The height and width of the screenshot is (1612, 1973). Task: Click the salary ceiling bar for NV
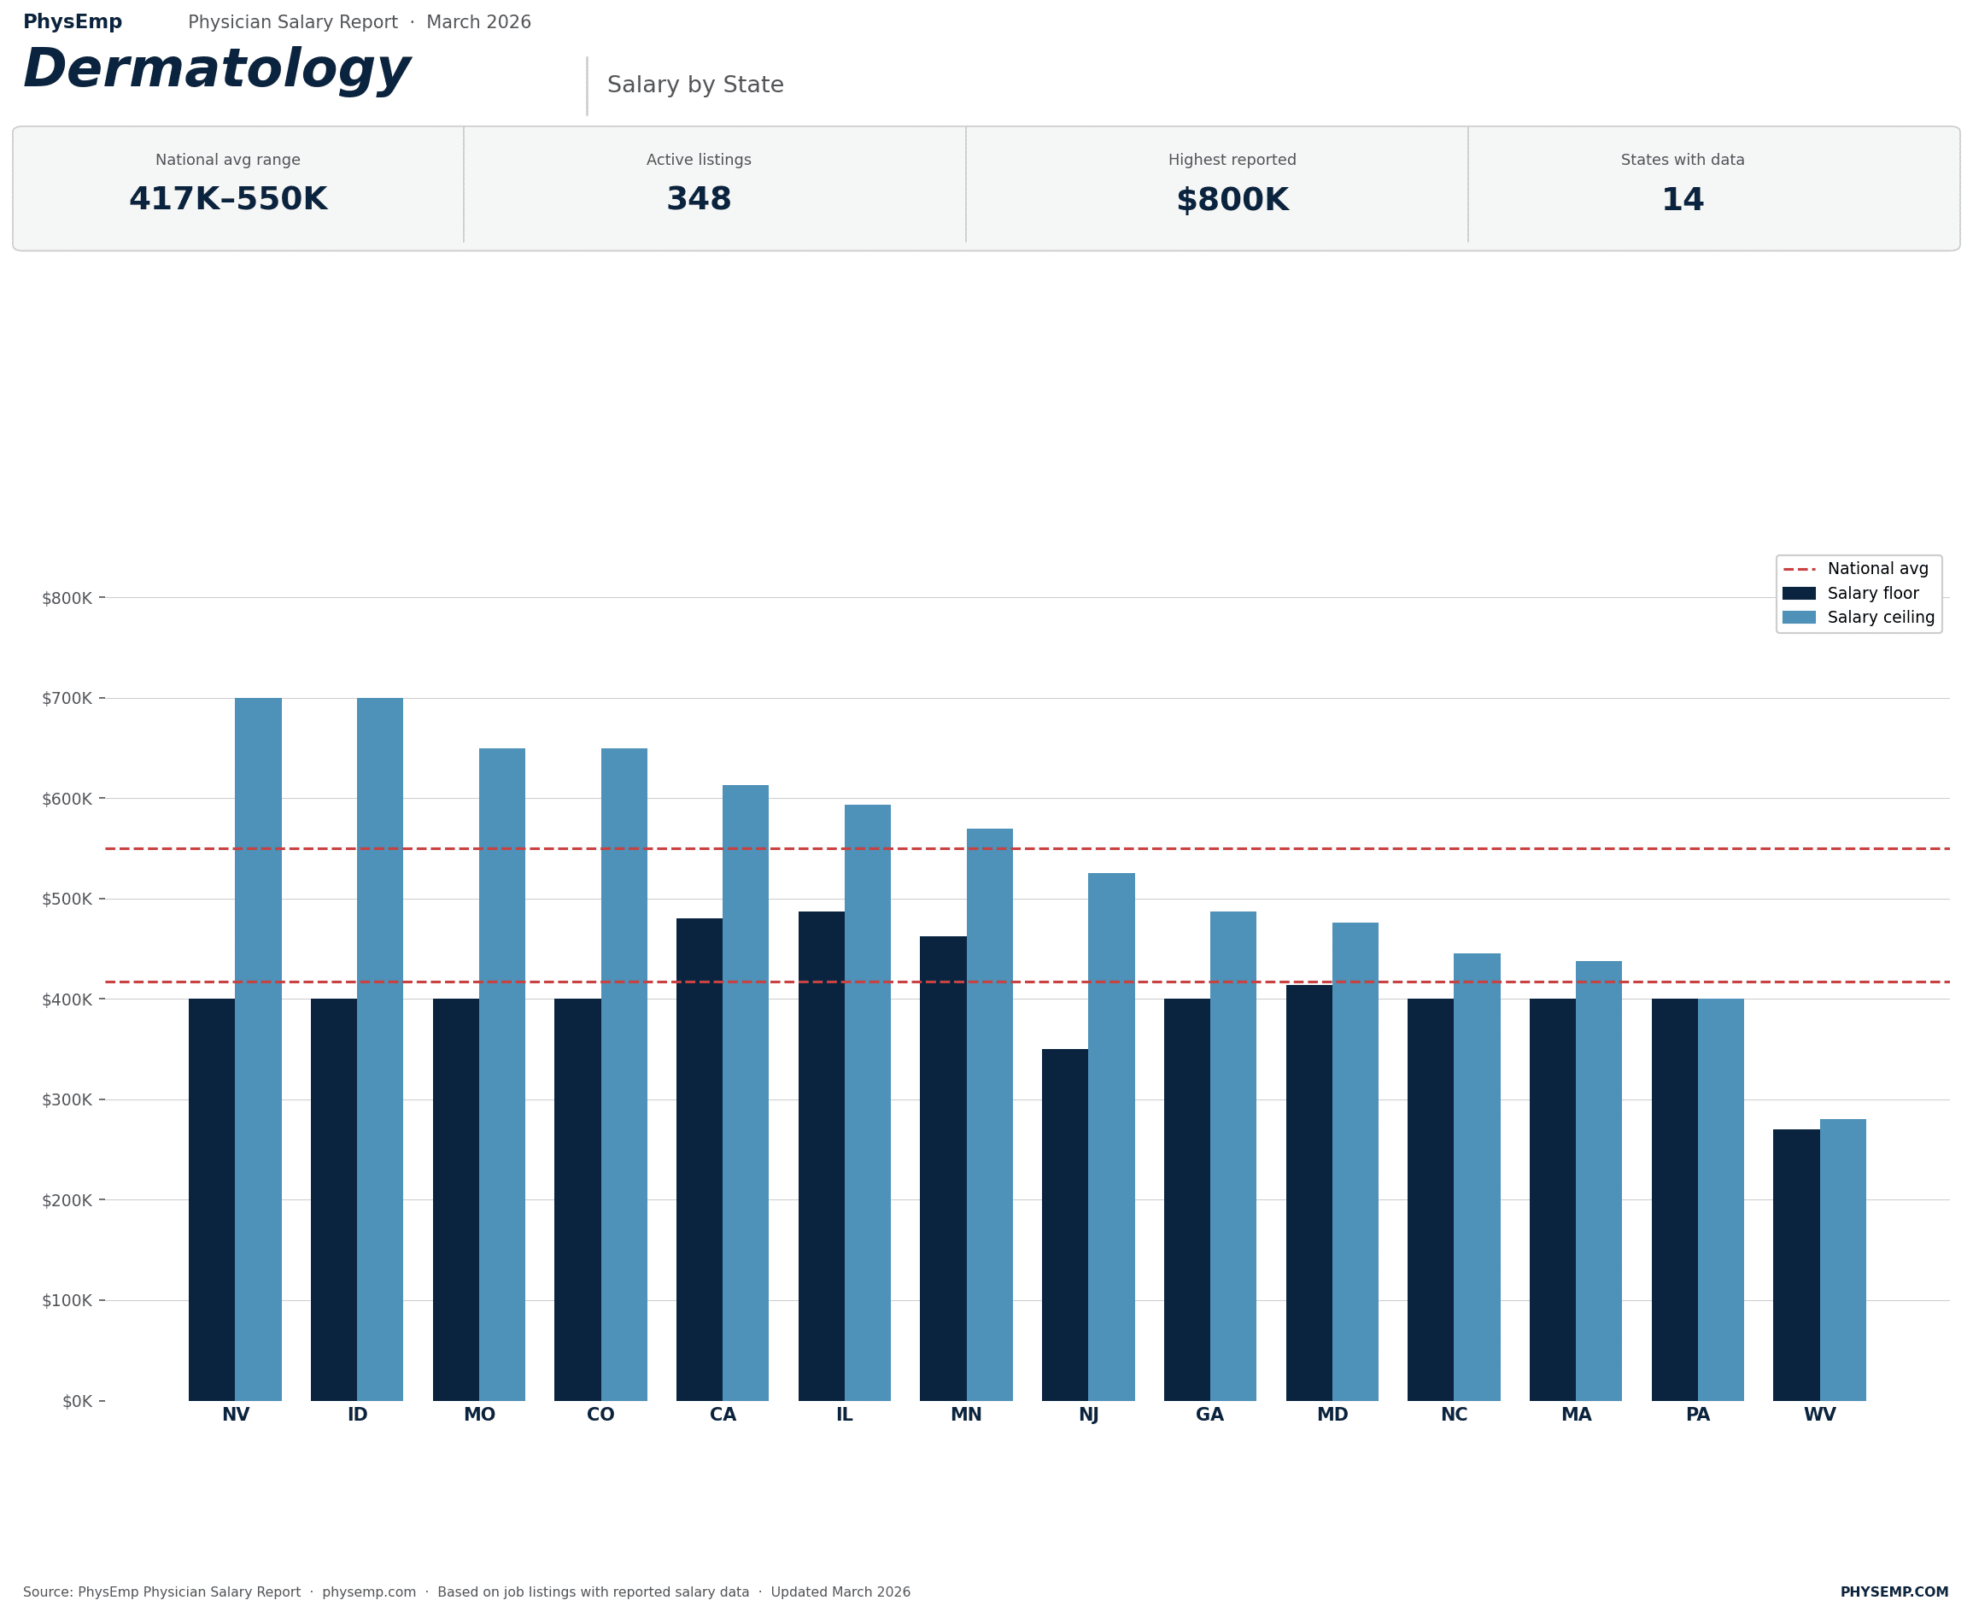pyautogui.click(x=258, y=1049)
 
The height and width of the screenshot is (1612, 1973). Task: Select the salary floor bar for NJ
pyautogui.click(x=1065, y=1225)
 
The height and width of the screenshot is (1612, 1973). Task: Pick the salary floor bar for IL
pyautogui.click(x=821, y=1156)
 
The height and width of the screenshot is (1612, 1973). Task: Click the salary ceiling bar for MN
pyautogui.click(x=990, y=1114)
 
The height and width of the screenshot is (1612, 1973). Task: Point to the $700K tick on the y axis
pyautogui.click(x=67, y=698)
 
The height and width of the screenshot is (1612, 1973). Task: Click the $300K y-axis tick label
pyautogui.click(x=67, y=1100)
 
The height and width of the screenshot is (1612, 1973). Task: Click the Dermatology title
pyautogui.click(x=216, y=70)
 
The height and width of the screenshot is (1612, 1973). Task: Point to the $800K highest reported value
pyautogui.click(x=1232, y=200)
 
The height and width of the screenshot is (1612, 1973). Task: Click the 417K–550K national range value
pyautogui.click(x=228, y=200)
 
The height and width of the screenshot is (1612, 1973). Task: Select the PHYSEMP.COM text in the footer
pyautogui.click(x=1894, y=1591)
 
